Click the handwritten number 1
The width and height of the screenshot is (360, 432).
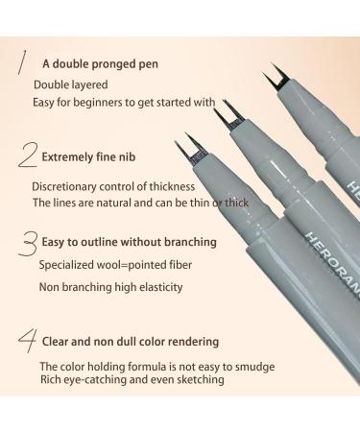(18, 60)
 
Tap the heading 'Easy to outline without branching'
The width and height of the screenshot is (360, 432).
(127, 242)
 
